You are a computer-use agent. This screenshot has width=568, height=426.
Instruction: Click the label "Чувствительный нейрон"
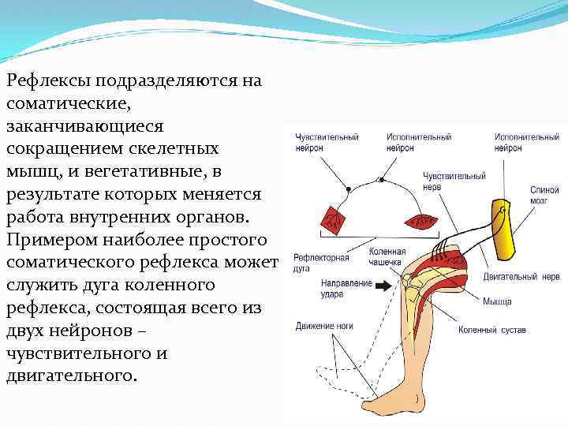point(327,142)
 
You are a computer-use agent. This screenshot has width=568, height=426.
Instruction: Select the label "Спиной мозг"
point(544,195)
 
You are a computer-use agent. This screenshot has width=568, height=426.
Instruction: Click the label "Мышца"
point(497,301)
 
